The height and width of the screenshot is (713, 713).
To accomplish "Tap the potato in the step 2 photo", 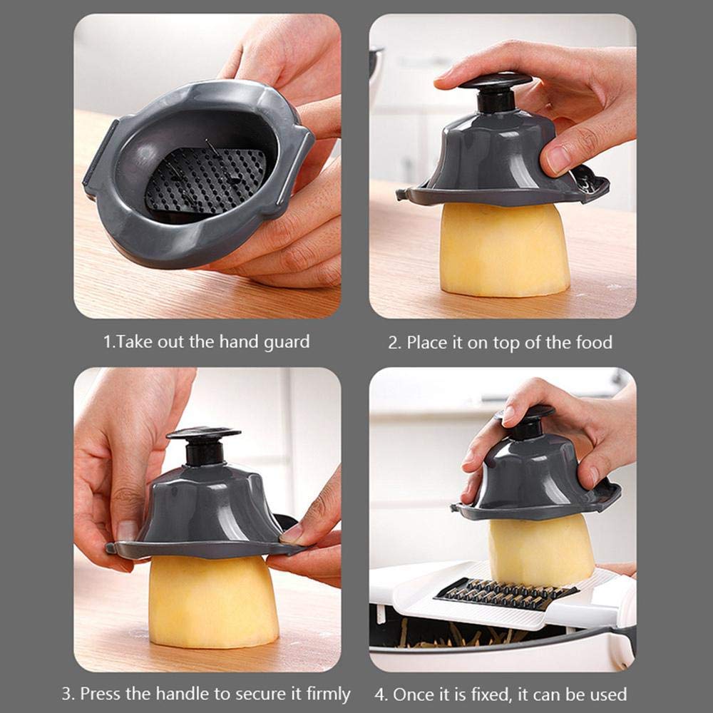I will tap(503, 249).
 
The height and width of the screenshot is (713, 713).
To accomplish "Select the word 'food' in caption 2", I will tap(593, 343).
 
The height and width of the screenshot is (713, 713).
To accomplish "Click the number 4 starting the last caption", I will tap(379, 694).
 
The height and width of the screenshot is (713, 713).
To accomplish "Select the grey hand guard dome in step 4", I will tap(535, 478).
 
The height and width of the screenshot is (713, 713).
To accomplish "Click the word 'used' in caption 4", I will tap(608, 694).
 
